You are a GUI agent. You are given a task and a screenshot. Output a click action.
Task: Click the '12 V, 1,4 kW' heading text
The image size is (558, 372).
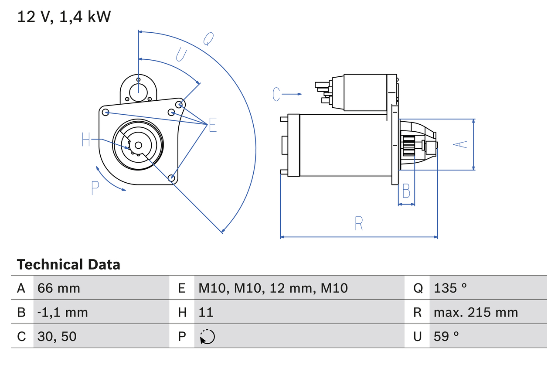(64, 17)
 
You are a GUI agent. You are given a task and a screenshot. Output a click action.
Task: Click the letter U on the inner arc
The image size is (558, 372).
(181, 55)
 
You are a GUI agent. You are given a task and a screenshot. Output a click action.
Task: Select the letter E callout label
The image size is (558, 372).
(212, 125)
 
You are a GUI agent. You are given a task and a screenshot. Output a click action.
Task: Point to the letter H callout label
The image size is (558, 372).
(86, 140)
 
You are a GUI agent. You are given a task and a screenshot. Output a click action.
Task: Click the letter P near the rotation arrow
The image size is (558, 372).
(95, 188)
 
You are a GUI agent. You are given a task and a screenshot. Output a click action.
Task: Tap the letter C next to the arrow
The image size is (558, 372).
(276, 94)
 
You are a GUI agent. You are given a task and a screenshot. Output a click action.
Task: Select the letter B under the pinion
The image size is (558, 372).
(406, 191)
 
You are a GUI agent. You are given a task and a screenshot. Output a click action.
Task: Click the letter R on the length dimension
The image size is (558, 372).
(358, 224)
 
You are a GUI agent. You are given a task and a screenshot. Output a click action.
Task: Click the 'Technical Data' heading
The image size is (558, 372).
(68, 265)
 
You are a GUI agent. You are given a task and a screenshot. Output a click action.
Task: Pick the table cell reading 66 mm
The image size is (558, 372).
(59, 288)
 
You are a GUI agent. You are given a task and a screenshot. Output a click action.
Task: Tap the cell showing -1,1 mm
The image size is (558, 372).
(63, 312)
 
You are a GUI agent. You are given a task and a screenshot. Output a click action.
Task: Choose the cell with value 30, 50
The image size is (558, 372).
(57, 336)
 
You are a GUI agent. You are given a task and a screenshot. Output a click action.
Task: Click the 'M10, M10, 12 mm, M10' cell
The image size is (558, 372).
(273, 288)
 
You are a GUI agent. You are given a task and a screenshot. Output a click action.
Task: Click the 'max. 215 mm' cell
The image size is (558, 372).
(476, 312)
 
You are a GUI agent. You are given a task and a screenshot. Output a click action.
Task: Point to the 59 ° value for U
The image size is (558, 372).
(446, 336)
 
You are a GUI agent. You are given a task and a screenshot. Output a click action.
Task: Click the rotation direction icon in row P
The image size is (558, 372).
(207, 337)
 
